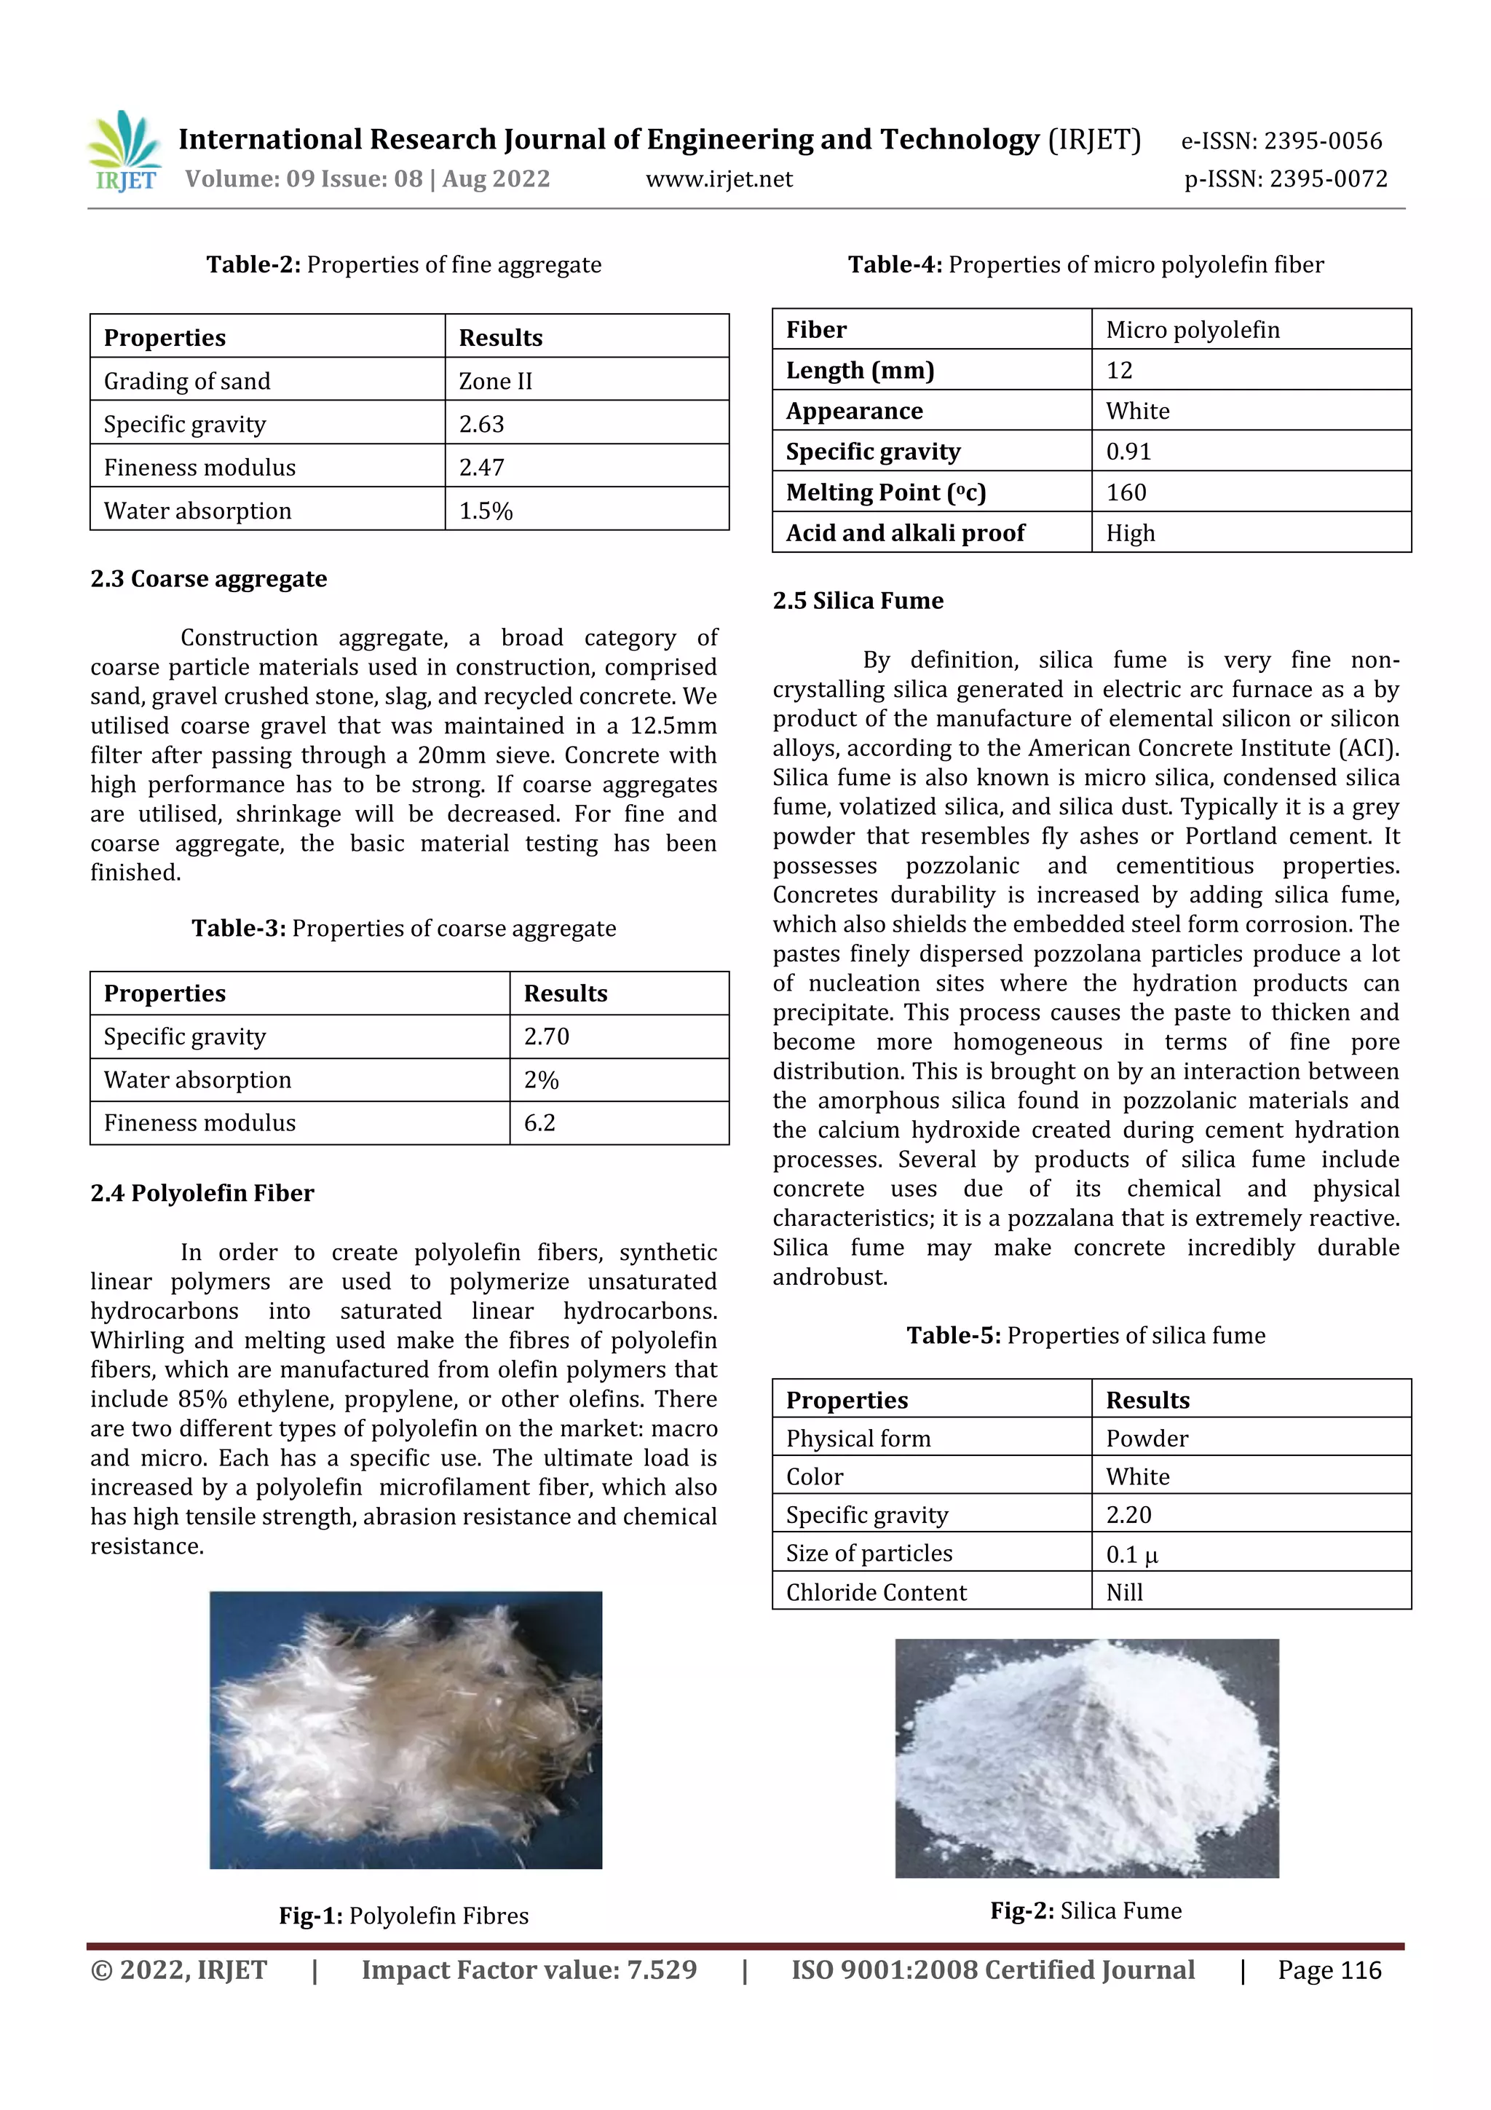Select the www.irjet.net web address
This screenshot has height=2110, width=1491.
click(719, 179)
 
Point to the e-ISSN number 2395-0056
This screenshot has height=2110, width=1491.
click(1281, 141)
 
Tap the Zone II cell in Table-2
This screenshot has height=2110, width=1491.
click(496, 380)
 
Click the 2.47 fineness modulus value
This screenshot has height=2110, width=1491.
click(482, 467)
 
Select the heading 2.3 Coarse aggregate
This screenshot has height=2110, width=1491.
click(208, 579)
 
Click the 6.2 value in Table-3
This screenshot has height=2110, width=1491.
click(540, 1122)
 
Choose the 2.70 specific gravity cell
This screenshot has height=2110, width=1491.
click(547, 1036)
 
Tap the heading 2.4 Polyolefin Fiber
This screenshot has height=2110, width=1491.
click(202, 1193)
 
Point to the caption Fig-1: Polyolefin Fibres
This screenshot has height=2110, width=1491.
click(404, 1916)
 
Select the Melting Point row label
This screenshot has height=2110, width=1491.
click(885, 492)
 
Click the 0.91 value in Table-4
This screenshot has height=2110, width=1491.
click(1129, 452)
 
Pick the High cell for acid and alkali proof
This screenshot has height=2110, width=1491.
click(1131, 533)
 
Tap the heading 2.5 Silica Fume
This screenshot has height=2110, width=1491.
click(858, 601)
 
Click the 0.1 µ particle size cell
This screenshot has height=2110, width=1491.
click(1132, 1554)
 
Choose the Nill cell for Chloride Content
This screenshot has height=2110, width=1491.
click(1125, 1593)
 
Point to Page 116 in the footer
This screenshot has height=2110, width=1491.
click(1329, 1970)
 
